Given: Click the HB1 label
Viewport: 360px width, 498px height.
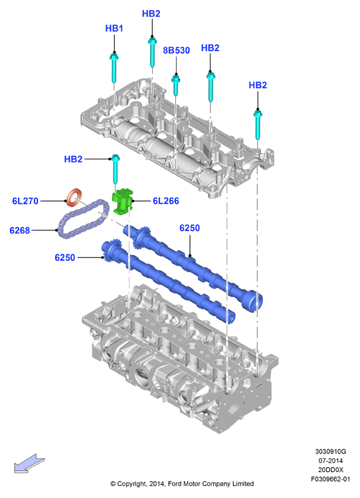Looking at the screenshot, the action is pos(114,29).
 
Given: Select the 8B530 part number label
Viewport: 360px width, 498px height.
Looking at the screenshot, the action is pos(176,50).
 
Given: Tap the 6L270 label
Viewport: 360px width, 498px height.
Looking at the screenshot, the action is pos(25,201).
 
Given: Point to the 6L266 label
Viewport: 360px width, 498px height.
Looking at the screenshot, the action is pos(166,201).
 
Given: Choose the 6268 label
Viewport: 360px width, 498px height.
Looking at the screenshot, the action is pos(20,230).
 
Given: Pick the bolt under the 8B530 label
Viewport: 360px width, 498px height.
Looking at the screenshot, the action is pos(176,84).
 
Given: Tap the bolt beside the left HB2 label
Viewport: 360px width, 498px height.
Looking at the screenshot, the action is pos(115,169).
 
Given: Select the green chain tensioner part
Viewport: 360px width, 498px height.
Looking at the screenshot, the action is pos(123,201).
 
